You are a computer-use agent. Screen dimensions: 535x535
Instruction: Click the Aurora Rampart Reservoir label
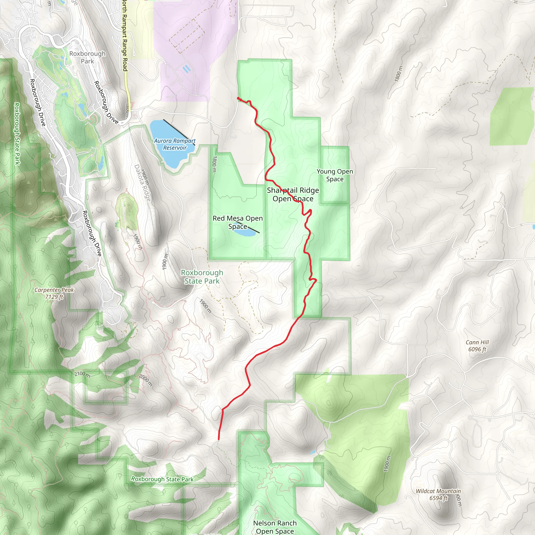coord(175,144)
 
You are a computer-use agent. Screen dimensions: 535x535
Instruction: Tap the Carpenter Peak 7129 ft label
coord(54,293)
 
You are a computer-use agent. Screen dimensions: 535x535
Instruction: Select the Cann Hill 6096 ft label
coord(477,346)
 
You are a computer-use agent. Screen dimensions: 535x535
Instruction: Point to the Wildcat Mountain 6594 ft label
coord(438,494)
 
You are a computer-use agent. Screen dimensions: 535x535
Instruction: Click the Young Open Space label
coord(335,175)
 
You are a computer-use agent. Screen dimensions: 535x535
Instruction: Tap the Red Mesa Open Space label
coord(238,222)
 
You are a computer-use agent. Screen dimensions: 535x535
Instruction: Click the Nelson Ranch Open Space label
coord(275,527)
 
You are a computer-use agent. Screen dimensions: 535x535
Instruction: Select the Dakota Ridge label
coord(143,183)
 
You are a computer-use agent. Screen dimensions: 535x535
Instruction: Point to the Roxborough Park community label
coord(88,57)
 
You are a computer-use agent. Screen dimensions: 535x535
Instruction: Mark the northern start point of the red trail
coord(238,98)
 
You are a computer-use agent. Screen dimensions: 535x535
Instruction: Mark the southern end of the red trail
coord(218,439)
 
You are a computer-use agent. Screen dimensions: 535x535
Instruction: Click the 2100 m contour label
coord(82,374)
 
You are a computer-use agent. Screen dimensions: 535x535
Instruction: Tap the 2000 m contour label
coord(146,380)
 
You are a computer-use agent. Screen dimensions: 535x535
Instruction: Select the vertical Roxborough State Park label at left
coord(17,133)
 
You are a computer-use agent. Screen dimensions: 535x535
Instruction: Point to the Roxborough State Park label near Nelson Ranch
coord(162,479)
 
